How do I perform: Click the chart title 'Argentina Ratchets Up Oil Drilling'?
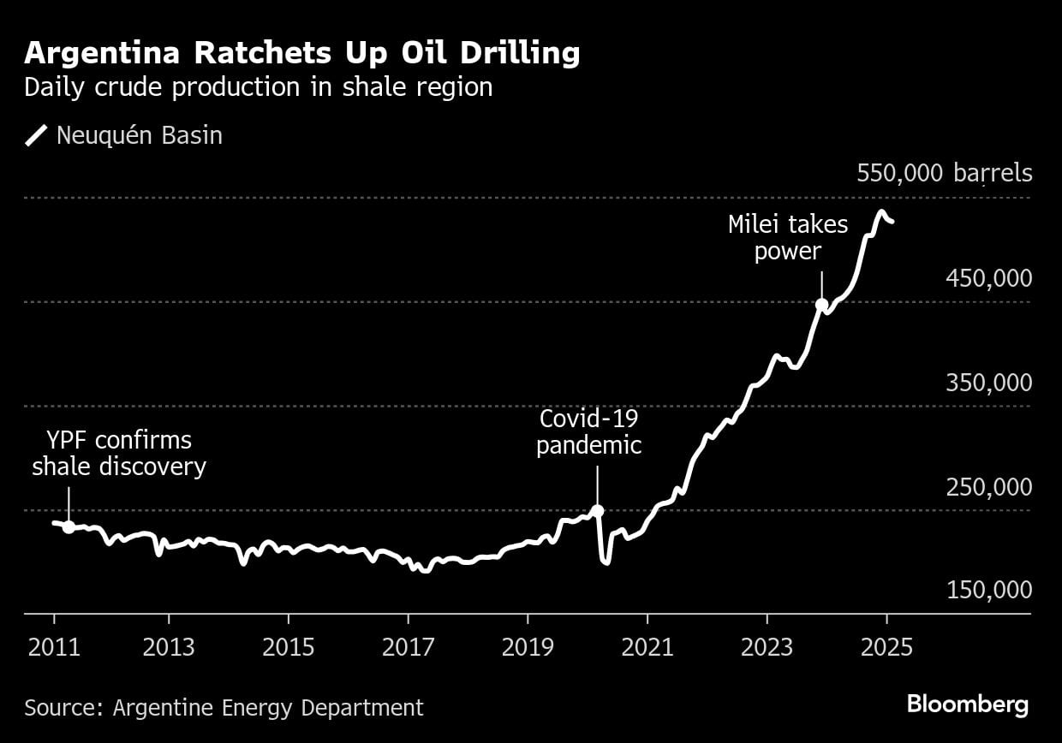(x=302, y=54)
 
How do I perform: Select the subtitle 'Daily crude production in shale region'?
(x=258, y=87)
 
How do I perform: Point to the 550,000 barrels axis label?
(x=944, y=174)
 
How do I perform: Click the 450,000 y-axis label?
(x=988, y=278)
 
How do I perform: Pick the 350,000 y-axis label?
(x=988, y=383)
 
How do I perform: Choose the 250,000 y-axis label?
(x=988, y=487)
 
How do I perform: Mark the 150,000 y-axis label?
(x=988, y=591)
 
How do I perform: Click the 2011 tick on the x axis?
(x=54, y=645)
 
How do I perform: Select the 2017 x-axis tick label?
(x=408, y=645)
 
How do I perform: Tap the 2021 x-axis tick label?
(x=647, y=645)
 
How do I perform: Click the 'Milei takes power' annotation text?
(x=788, y=238)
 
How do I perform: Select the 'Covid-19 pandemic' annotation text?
(x=589, y=432)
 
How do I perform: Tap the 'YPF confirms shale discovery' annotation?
(x=119, y=454)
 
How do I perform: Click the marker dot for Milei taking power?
(x=821, y=305)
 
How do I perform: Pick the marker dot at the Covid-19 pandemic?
(x=598, y=511)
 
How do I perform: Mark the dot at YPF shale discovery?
(x=69, y=527)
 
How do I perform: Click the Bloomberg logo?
(x=968, y=705)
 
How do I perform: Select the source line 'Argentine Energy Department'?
(x=224, y=708)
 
